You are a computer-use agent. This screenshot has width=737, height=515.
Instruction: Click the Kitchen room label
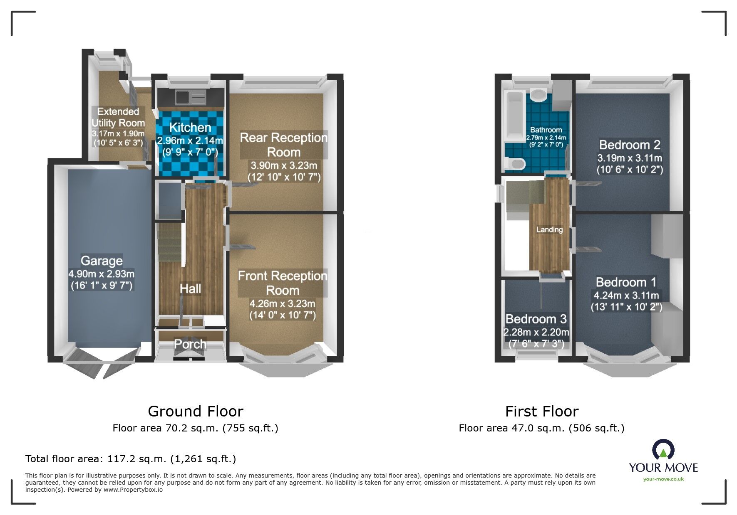pyautogui.click(x=190, y=128)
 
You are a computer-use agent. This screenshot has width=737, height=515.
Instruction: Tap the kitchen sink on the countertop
pyautogui.click(x=182, y=97)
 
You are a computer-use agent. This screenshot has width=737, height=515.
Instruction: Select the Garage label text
pyautogui.click(x=102, y=261)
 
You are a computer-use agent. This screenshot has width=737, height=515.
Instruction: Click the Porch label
pyautogui.click(x=190, y=344)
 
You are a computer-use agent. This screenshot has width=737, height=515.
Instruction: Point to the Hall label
pyautogui.click(x=190, y=288)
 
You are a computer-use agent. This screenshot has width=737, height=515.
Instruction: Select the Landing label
pyautogui.click(x=549, y=229)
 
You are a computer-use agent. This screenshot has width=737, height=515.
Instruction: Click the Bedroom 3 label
pyautogui.click(x=536, y=319)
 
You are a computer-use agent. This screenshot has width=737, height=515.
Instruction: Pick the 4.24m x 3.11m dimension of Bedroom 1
pyautogui.click(x=626, y=296)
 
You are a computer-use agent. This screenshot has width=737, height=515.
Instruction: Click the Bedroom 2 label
pyautogui.click(x=630, y=145)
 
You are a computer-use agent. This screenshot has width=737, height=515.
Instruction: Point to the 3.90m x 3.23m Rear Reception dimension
pyautogui.click(x=284, y=165)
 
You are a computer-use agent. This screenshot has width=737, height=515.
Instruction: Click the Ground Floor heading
pyautogui.click(x=195, y=411)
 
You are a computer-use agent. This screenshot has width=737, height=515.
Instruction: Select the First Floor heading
pyautogui.click(x=541, y=411)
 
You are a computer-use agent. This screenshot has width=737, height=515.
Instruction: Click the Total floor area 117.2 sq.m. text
pyautogui.click(x=130, y=459)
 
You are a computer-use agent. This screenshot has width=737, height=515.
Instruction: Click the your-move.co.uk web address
pyautogui.click(x=663, y=479)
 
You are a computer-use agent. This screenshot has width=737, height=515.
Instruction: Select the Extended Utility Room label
pyautogui.click(x=118, y=117)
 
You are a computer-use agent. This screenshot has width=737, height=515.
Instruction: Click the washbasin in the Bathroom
pyautogui.click(x=540, y=95)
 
